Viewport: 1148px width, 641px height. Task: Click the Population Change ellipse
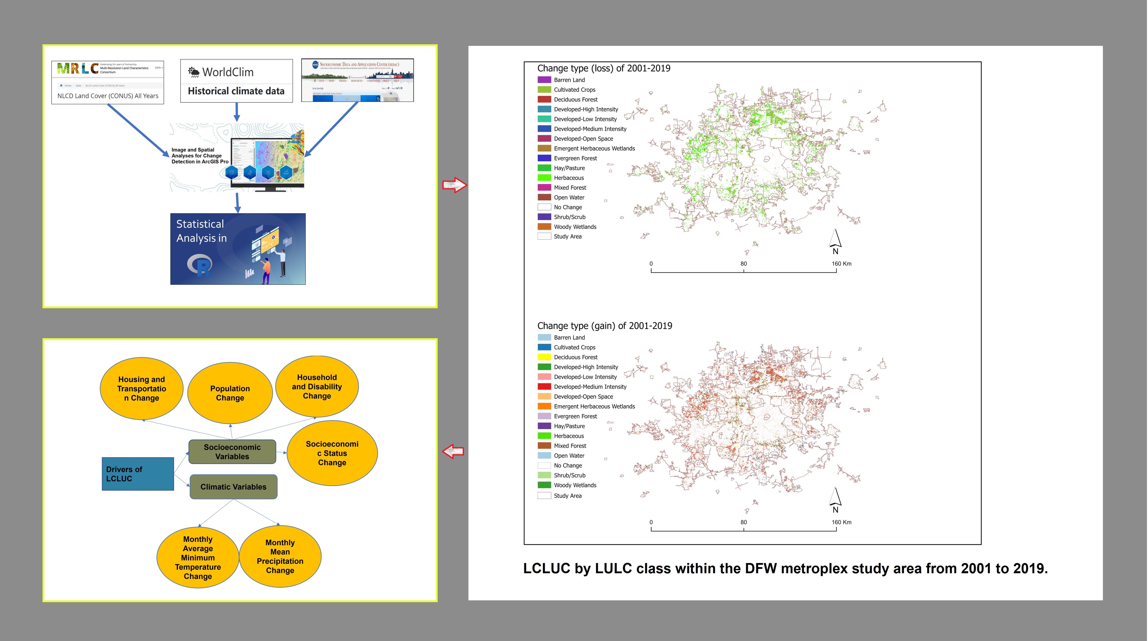point(230,393)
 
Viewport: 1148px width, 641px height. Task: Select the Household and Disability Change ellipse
point(317,386)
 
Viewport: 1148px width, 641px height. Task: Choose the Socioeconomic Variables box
point(232,452)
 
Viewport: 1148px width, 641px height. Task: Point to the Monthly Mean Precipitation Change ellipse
point(280,556)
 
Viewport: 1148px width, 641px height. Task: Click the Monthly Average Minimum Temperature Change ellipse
point(198,557)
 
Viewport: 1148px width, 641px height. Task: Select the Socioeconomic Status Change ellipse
point(332,453)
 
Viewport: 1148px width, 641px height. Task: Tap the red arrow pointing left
point(453,451)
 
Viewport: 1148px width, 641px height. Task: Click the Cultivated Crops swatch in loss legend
point(544,90)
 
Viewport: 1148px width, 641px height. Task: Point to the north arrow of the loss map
point(835,241)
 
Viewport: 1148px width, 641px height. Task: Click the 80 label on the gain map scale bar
point(744,522)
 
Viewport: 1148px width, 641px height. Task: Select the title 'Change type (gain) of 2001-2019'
point(604,326)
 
